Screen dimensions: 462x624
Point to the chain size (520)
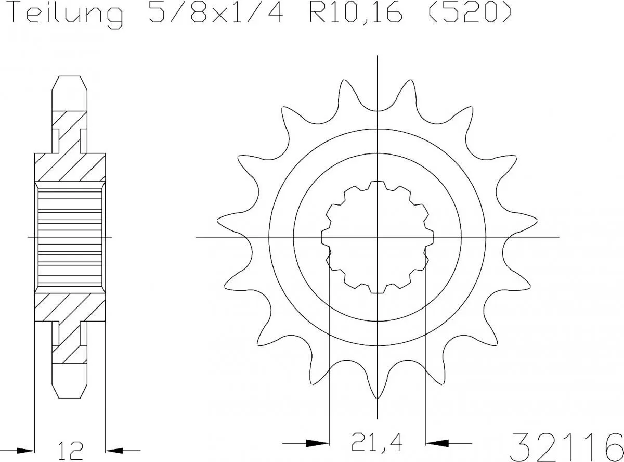coord(469,14)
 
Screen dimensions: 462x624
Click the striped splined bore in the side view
coord(70,237)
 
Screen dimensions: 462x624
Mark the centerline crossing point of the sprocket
coord(377,237)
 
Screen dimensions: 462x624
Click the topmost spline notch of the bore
coord(377,184)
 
